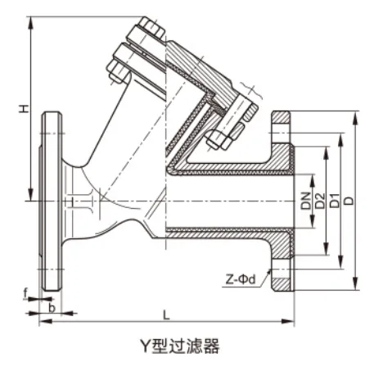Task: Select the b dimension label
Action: pos(52,308)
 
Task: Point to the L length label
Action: pos(166,313)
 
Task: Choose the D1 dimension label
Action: pos(334,198)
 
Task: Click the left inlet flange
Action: pos(52,201)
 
